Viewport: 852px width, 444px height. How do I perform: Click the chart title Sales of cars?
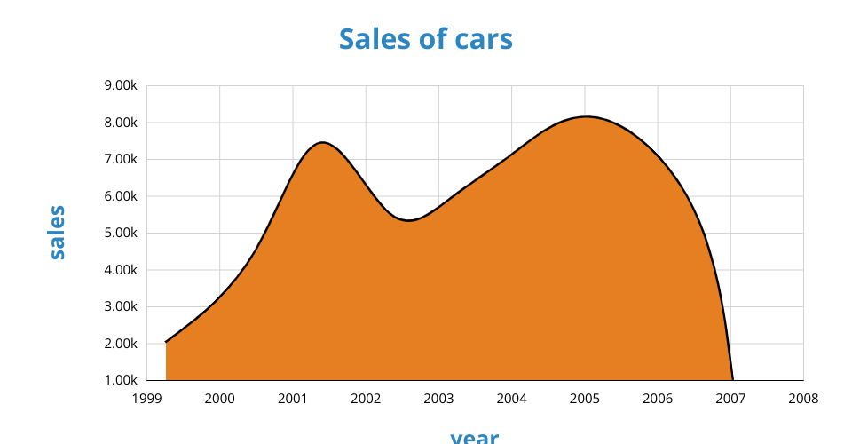click(x=426, y=39)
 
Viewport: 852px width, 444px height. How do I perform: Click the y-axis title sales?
click(x=57, y=232)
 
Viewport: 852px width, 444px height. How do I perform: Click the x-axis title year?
click(x=474, y=436)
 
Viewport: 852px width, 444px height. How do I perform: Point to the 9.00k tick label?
click(x=121, y=86)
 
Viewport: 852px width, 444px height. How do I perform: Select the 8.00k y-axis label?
click(x=121, y=123)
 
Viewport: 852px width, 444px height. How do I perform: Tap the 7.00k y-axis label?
click(x=121, y=160)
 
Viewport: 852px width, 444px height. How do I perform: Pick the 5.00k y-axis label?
click(x=121, y=234)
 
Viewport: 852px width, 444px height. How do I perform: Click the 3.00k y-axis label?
click(x=121, y=307)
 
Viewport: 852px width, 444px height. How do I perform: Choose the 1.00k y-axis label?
click(x=121, y=380)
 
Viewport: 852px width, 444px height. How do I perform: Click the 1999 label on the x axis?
click(x=146, y=398)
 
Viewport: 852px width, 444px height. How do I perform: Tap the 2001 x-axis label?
click(x=293, y=398)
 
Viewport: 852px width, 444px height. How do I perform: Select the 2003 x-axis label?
click(x=438, y=398)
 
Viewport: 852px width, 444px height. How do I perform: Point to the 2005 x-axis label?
click(x=585, y=398)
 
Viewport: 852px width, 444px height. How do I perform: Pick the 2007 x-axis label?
click(x=730, y=398)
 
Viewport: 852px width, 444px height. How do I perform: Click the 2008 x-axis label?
click(x=803, y=398)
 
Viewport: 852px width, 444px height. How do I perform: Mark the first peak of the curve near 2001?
click(x=322, y=142)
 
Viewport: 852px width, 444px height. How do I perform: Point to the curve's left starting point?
click(x=166, y=342)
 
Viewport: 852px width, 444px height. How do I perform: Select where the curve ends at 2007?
click(x=732, y=379)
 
